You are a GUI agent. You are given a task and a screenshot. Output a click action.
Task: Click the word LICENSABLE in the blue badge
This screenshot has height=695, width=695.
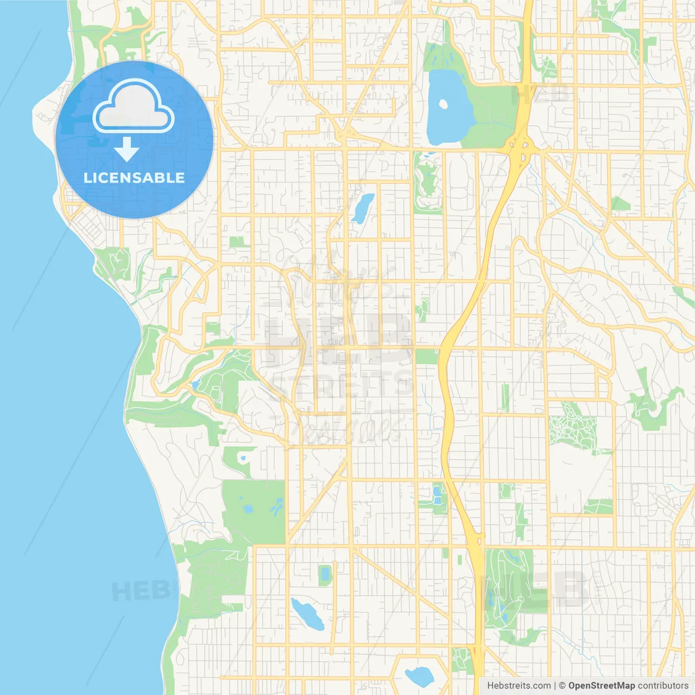(134, 178)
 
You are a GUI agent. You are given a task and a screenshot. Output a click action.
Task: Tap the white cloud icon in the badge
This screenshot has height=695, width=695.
(134, 109)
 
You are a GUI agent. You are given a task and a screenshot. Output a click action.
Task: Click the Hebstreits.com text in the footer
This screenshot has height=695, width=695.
(519, 686)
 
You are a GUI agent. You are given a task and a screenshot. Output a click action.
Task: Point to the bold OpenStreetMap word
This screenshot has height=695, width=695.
(601, 686)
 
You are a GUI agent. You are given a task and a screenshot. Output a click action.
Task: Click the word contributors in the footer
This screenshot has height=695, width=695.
(663, 686)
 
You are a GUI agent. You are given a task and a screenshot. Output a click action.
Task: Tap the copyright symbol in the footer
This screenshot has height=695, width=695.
(562, 686)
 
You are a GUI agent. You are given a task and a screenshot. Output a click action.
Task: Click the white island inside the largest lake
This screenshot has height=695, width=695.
(444, 104)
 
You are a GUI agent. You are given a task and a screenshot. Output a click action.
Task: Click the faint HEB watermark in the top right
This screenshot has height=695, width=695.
(543, 93)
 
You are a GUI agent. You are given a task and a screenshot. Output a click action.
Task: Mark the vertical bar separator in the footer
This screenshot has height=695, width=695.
(555, 686)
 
